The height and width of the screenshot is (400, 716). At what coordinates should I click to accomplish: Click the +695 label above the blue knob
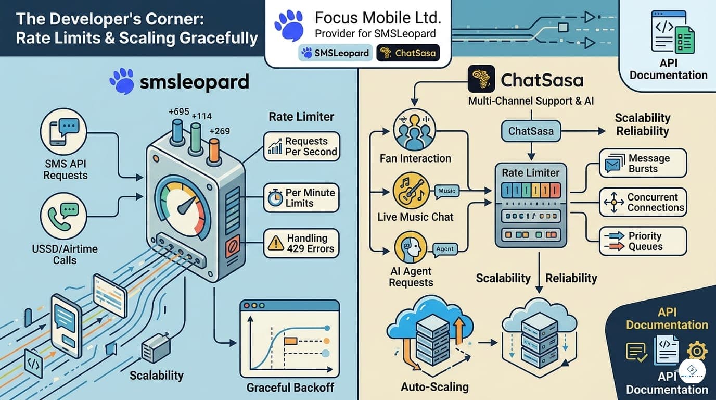coord(178,111)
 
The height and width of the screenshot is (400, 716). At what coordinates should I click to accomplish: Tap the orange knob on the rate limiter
coord(213,152)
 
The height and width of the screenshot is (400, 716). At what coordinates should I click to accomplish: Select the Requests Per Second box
coord(301,146)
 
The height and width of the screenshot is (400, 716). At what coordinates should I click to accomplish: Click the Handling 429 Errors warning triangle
coord(276,243)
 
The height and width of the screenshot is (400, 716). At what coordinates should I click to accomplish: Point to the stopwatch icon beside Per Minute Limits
coord(275,198)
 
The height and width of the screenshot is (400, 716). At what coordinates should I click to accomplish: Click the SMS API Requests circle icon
coord(63,132)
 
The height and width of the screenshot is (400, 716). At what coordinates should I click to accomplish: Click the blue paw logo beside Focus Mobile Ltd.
coord(289,26)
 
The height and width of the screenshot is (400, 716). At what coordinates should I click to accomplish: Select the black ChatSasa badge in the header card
coord(408,53)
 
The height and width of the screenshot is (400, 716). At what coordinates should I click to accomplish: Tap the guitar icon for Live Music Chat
coord(412,191)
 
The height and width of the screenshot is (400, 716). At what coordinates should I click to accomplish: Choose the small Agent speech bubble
coord(444,249)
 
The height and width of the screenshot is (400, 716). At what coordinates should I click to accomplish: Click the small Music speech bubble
coord(446,191)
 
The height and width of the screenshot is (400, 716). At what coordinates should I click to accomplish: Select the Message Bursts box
coord(643,163)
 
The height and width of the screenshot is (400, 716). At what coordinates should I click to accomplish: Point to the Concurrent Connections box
coord(643,202)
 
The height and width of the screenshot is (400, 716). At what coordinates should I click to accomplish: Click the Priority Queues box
coord(643,241)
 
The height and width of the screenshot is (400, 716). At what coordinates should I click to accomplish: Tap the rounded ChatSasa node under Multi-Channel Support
coord(531,131)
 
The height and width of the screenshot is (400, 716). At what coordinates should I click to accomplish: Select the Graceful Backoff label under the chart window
coord(290,387)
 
